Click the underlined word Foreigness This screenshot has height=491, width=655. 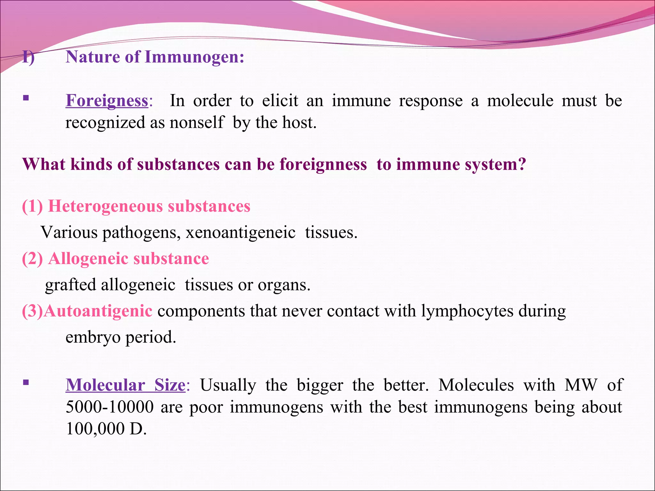[x=107, y=101]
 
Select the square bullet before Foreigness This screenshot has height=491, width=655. [x=26, y=98]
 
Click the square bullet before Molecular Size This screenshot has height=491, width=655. [x=26, y=382]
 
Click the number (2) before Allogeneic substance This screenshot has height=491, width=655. [x=32, y=259]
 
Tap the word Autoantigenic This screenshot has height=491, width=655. [x=98, y=311]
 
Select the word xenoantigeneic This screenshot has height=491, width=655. [x=241, y=232]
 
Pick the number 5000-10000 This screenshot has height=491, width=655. [x=110, y=407]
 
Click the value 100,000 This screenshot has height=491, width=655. [x=95, y=429]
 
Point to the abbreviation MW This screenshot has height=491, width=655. [x=581, y=385]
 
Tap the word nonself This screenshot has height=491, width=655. [x=196, y=122]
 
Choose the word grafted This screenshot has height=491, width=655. [x=70, y=285]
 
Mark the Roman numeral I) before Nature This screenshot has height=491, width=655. [x=28, y=58]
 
